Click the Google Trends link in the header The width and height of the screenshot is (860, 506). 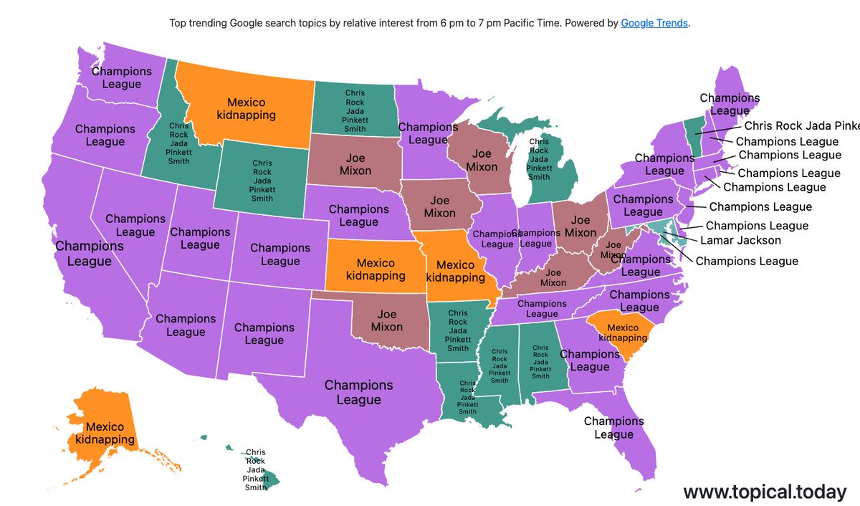point(654,23)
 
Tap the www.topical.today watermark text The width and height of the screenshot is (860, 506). point(765,492)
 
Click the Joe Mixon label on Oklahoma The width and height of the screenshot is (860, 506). point(386,320)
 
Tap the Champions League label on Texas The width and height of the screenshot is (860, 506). point(358,392)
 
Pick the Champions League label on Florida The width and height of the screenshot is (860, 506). point(613,428)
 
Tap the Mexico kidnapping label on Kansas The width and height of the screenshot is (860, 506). point(365,269)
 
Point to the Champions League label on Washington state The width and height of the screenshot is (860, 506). point(122,77)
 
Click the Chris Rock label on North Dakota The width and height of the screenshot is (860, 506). point(355,111)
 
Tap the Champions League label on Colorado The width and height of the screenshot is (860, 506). point(280,254)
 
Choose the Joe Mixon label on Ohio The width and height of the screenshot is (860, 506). point(580,226)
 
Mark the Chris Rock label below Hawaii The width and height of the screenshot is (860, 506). point(255,469)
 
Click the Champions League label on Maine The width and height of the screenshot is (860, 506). point(730,104)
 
